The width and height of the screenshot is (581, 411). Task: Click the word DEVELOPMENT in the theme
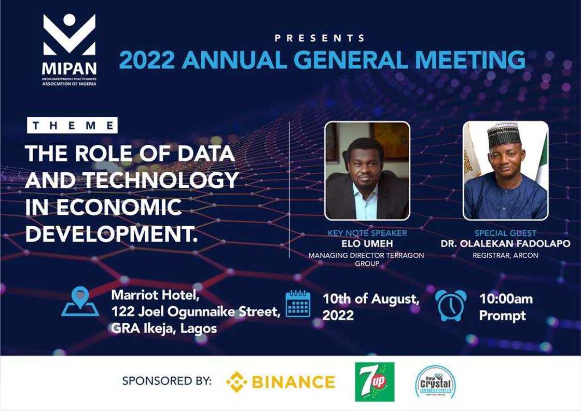112,233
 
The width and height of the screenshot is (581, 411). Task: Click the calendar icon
298,305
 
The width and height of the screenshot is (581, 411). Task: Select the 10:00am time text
507,298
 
